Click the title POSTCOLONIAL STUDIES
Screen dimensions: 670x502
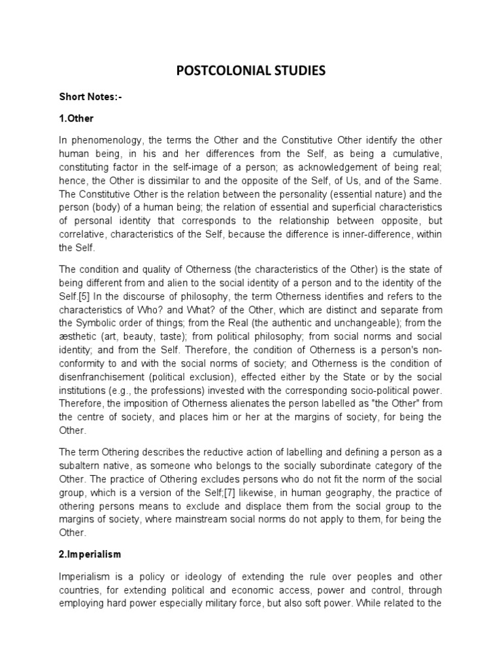click(x=250, y=71)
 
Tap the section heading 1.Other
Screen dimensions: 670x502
click(x=77, y=119)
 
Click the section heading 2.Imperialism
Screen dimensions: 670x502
click(x=90, y=554)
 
